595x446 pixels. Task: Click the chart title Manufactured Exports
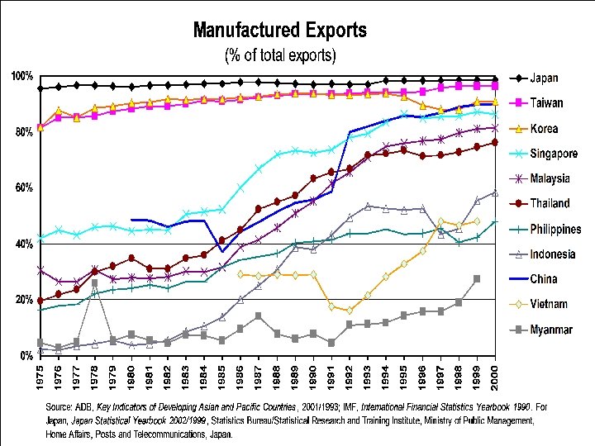279,31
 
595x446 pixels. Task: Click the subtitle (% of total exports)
280,56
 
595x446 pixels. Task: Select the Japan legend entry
543,78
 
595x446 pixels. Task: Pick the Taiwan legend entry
545,103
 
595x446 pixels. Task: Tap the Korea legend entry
544,128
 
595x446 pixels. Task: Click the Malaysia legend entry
550,178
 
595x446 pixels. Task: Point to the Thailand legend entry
550,203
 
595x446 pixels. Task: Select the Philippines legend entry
555,229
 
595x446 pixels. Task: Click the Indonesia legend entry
552,254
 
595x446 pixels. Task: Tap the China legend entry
543,278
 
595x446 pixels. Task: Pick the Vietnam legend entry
549,304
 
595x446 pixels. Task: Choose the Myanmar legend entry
550,330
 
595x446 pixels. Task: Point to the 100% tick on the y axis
21,77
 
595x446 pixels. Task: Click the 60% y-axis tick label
23,188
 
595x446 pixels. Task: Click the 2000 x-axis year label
494,379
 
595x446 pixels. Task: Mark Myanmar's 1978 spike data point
95,282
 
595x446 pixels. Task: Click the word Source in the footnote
60,407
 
